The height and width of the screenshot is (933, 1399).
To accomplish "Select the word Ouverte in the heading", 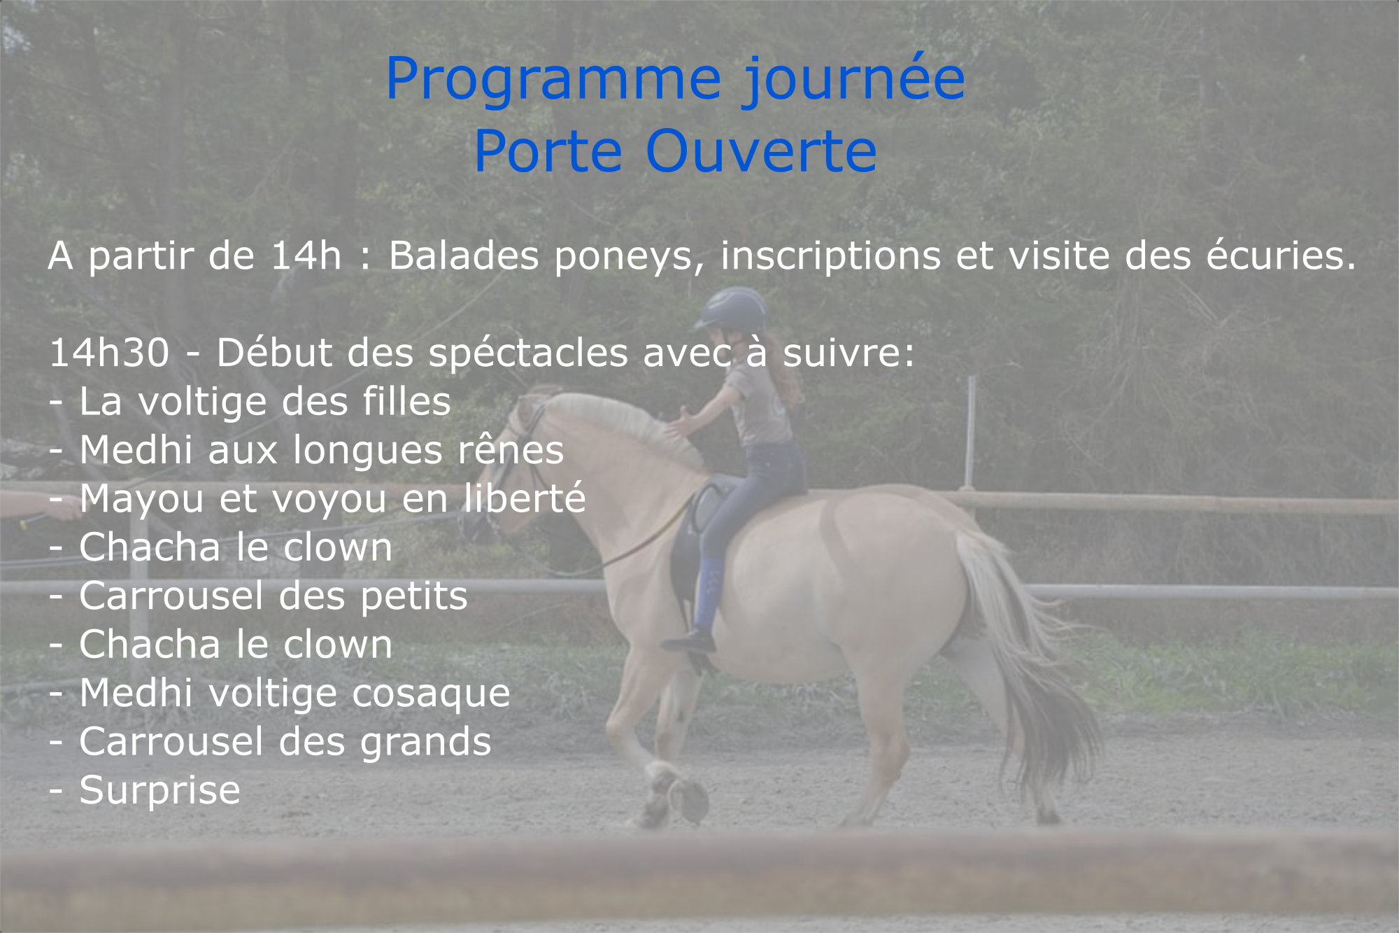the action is pos(761,151).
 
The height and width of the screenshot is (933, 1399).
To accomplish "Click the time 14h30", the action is pos(109,352).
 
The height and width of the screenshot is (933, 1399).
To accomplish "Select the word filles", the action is pos(406,401).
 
